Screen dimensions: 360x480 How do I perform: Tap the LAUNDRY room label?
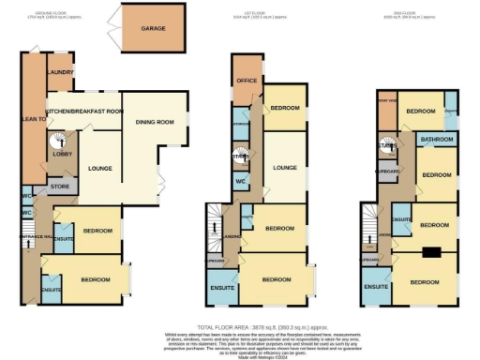(x=61, y=72)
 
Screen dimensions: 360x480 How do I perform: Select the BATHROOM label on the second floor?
(x=437, y=140)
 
